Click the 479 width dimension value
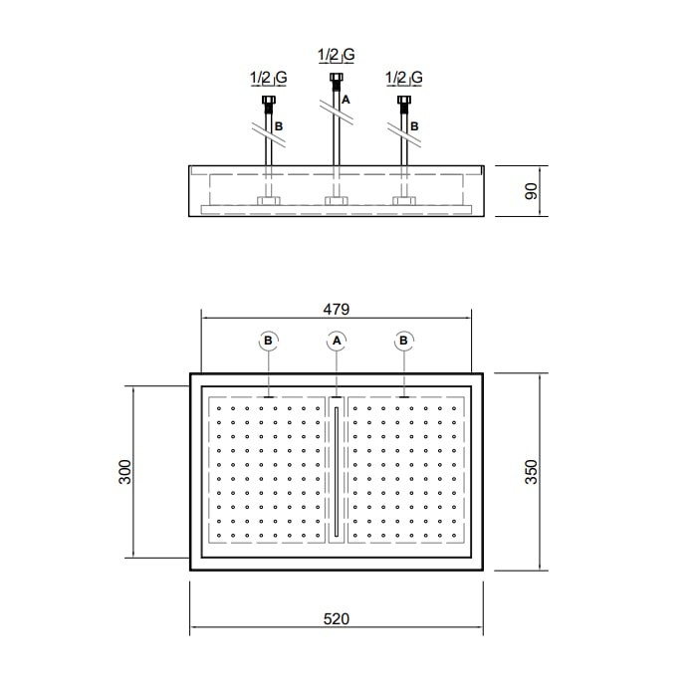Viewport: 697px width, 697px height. (x=337, y=309)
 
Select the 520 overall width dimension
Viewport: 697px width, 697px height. (x=337, y=618)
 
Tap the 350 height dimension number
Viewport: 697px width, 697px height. (x=531, y=472)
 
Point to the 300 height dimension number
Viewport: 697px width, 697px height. (x=125, y=472)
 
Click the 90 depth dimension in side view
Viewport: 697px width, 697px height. (x=531, y=191)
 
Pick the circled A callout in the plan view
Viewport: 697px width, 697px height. (x=337, y=341)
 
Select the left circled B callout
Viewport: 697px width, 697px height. (x=268, y=341)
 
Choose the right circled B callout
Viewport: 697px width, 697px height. (x=403, y=341)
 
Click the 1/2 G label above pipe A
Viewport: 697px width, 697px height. (x=337, y=55)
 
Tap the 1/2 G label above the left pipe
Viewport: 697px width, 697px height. (x=269, y=78)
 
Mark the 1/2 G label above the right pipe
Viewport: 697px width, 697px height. (x=403, y=78)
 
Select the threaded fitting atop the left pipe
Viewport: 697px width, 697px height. (x=269, y=104)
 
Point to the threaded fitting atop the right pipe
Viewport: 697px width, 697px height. (x=403, y=104)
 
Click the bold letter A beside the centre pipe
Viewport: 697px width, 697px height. (x=346, y=100)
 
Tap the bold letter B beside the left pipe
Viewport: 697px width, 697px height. (x=279, y=126)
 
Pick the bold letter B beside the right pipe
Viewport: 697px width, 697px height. (x=414, y=126)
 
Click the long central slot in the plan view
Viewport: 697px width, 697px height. (x=337, y=471)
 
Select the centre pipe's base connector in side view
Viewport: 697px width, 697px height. (x=337, y=201)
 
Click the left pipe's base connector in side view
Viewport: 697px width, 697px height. (x=269, y=201)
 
